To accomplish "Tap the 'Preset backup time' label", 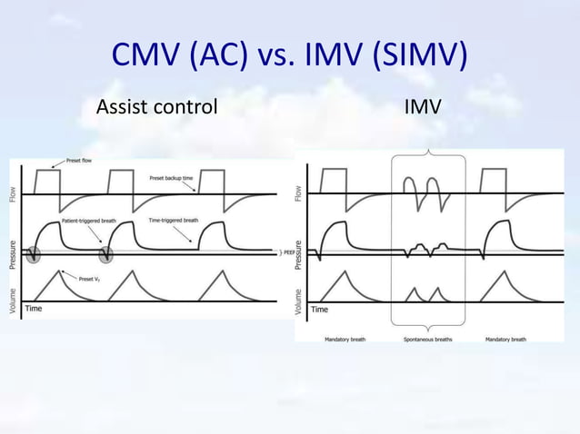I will coord(172,178).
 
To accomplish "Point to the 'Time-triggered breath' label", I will coord(173,221).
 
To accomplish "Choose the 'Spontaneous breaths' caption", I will coord(428,340).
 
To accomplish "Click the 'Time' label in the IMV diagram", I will coord(320,310).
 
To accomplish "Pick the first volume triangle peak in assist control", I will coord(60,271).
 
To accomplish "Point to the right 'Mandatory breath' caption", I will coord(505,340).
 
